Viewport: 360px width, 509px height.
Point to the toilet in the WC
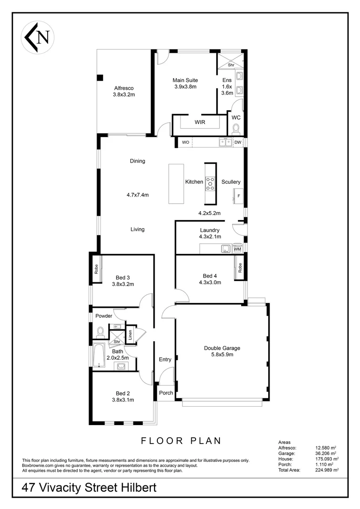point(237,129)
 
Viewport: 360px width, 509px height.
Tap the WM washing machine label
point(237,249)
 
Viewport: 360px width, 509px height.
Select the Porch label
point(166,393)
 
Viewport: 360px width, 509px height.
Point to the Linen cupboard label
point(130,335)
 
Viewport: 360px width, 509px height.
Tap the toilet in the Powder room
point(99,332)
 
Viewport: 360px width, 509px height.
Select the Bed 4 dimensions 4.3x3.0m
point(210,282)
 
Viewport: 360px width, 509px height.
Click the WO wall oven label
point(186,142)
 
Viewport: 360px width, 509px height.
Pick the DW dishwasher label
point(237,142)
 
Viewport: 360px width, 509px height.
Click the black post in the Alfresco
point(100,78)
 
